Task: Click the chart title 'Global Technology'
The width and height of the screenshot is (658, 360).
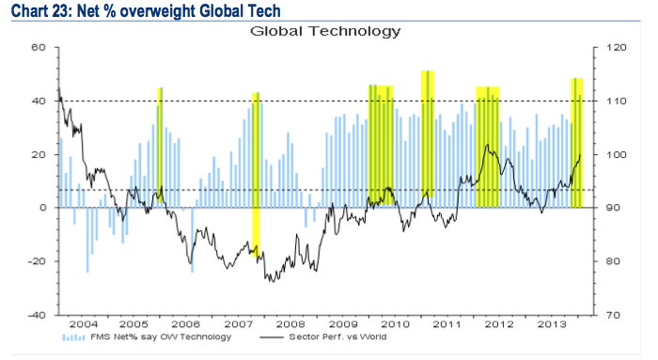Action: (x=325, y=31)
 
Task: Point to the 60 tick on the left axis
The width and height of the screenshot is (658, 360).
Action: (x=38, y=47)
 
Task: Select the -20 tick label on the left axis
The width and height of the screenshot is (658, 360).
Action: (x=36, y=261)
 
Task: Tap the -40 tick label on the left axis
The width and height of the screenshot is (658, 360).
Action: (x=36, y=315)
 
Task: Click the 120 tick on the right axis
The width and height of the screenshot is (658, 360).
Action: (x=616, y=47)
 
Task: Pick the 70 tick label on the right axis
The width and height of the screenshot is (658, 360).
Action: (x=613, y=315)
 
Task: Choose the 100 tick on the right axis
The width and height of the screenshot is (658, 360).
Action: (x=616, y=154)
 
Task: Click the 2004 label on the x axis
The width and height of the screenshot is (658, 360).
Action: (x=84, y=324)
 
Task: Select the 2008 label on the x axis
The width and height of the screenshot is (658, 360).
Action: (x=290, y=324)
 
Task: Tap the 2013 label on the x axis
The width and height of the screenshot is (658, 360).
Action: (x=552, y=324)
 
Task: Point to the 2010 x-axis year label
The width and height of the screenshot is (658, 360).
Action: (x=395, y=324)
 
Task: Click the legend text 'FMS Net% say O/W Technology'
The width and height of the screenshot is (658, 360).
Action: (x=161, y=337)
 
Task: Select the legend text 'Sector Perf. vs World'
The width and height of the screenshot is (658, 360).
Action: (x=337, y=337)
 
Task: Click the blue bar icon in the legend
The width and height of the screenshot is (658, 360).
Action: (x=74, y=337)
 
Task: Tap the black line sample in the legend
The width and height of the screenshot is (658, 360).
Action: (x=272, y=337)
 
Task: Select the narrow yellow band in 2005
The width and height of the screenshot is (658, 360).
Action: (x=160, y=146)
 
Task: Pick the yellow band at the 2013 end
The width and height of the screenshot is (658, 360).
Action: (x=576, y=143)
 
